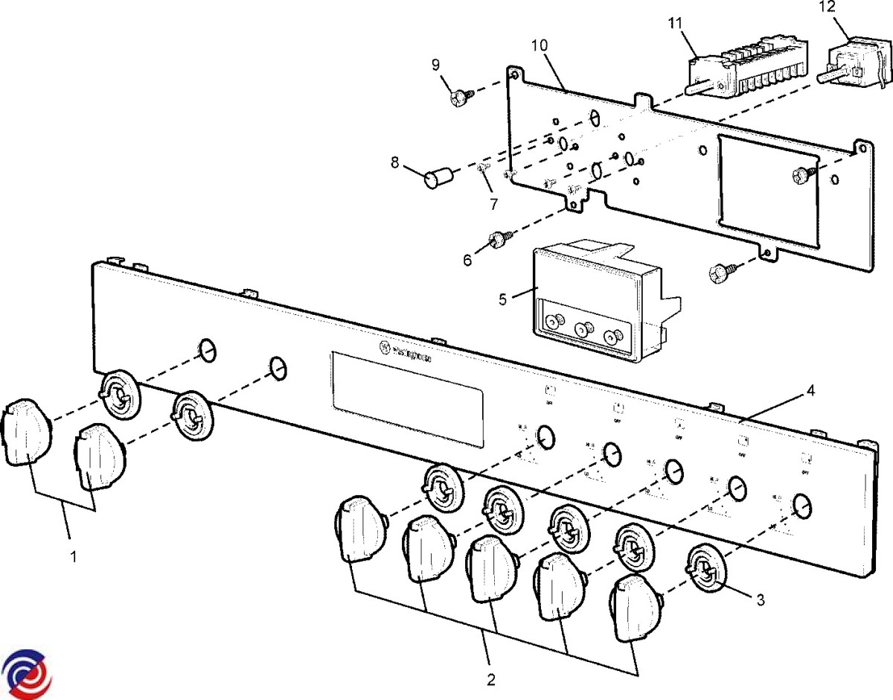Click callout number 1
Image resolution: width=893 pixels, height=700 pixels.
click(73, 556)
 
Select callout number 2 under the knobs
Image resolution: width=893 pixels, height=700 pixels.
click(490, 678)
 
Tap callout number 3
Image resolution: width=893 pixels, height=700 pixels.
click(759, 598)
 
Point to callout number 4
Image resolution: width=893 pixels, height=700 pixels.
click(811, 389)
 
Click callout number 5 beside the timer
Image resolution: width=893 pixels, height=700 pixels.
click(503, 299)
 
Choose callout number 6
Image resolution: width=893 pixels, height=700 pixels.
click(467, 260)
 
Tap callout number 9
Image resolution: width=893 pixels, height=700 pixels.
click(436, 66)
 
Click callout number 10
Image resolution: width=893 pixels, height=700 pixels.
click(540, 45)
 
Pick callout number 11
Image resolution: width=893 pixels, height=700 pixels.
click(675, 22)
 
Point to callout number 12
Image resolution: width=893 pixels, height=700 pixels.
click(827, 7)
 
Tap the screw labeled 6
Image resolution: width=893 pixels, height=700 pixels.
click(498, 240)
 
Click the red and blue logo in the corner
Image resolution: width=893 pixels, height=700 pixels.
click(27, 673)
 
